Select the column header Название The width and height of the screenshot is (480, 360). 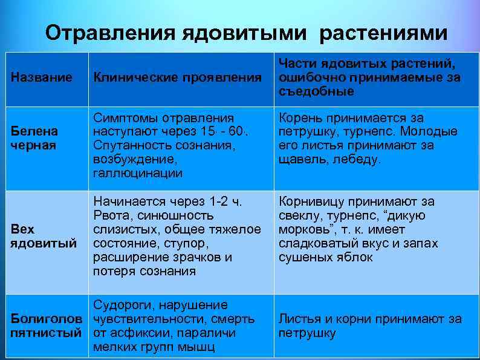[42, 77]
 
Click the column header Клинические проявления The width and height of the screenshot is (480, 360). [177, 77]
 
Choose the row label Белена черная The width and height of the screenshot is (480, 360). [34, 139]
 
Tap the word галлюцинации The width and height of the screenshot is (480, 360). [138, 174]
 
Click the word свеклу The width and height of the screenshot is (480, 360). [300, 215]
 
